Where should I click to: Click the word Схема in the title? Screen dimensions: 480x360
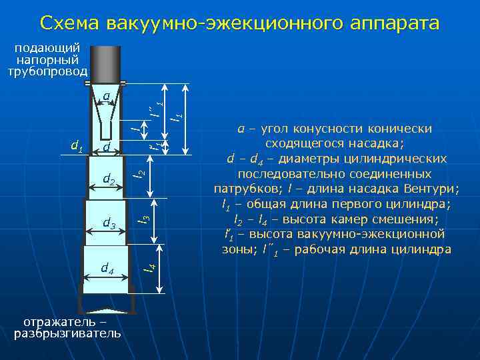coord(69,23)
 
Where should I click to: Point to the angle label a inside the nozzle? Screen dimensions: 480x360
coord(106,97)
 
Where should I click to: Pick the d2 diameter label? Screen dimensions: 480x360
coord(109,179)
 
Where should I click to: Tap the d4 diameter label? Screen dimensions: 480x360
coord(107,268)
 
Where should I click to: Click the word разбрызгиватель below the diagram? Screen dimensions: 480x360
coord(67,333)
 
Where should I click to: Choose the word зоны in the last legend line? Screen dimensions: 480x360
coord(235,250)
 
